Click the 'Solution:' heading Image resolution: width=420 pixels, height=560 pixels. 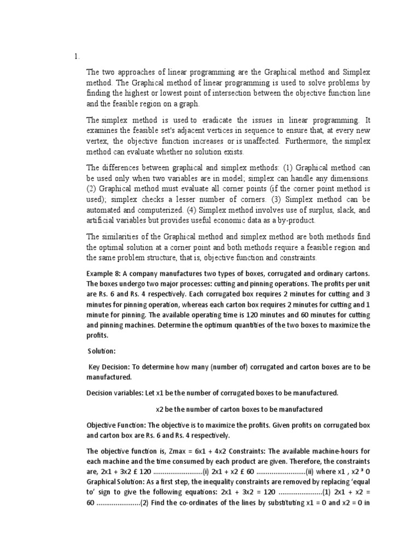click(x=103, y=350)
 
